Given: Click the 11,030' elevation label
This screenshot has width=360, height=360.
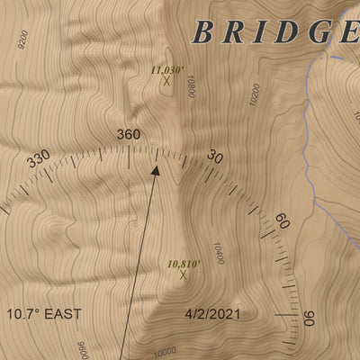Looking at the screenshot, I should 167,69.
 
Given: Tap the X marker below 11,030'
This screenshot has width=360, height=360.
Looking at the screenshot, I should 166,81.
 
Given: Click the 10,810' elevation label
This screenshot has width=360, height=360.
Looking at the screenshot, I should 184,265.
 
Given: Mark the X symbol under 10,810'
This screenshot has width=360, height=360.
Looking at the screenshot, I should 184,276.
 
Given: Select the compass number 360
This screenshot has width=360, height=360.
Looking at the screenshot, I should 129,135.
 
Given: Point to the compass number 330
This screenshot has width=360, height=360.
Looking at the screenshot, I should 39,159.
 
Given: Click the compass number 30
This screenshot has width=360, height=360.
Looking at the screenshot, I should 215,157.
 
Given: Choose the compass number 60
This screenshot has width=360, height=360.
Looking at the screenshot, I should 281,222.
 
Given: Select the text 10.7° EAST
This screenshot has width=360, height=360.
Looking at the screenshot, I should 44,314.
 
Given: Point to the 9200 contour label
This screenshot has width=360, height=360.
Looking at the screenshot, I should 22,38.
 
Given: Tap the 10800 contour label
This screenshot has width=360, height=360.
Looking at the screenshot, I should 190,87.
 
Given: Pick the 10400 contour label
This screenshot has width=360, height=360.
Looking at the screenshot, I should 218,253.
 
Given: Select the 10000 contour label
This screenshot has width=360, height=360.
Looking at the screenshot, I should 165,353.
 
